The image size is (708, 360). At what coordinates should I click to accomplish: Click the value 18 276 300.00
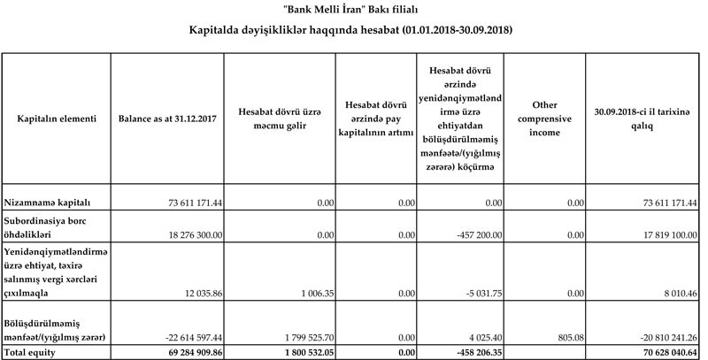click(x=194, y=234)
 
